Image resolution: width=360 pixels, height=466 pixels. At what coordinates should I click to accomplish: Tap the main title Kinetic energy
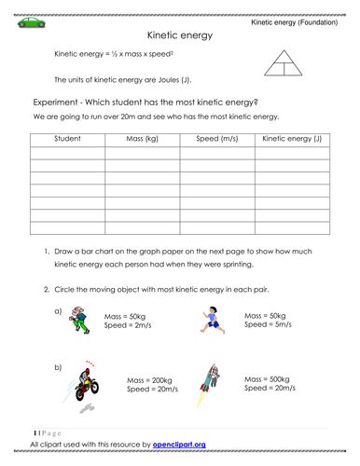pyautogui.click(x=180, y=35)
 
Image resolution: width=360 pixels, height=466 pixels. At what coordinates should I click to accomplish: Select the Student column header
pyautogui.click(x=67, y=139)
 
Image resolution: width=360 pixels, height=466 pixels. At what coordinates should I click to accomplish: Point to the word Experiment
pyautogui.click(x=61, y=101)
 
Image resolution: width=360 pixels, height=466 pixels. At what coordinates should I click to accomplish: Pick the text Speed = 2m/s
pyautogui.click(x=127, y=325)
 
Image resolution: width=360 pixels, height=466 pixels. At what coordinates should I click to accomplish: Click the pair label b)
pyautogui.click(x=58, y=367)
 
